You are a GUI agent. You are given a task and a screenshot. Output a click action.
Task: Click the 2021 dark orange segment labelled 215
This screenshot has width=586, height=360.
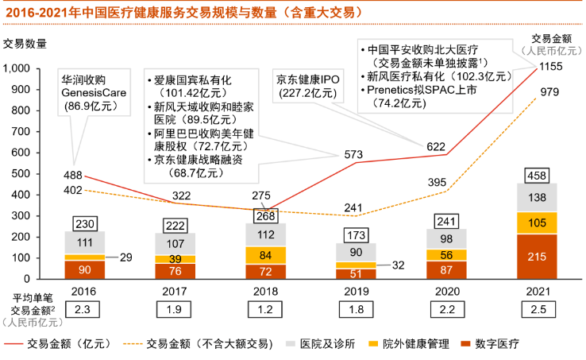coord(538,256)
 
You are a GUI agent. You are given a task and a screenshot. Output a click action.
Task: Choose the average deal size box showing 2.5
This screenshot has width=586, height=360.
coord(538,309)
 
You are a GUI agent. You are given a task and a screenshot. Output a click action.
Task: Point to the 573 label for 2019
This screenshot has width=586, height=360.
coord(352,153)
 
